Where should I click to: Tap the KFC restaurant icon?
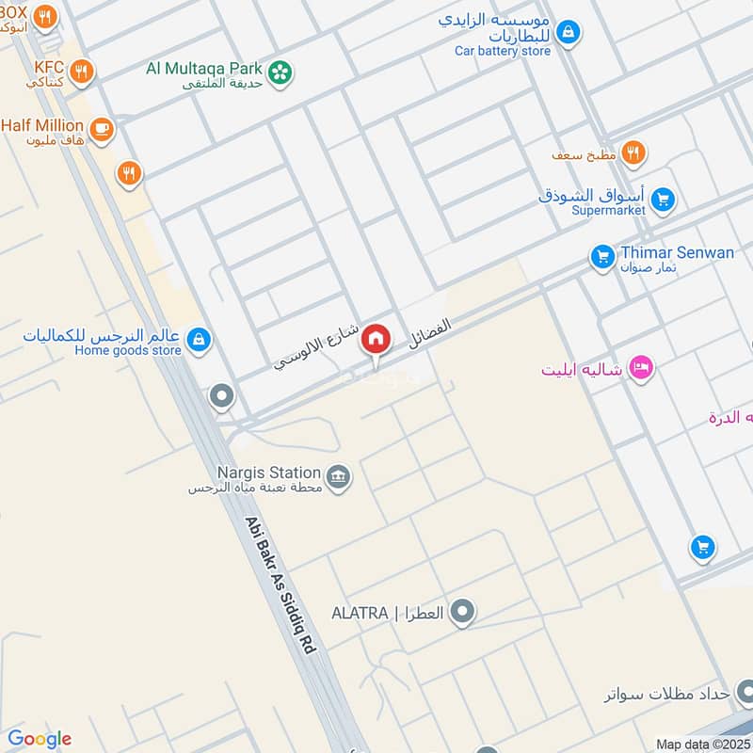[83, 70]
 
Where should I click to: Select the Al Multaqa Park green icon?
[280, 71]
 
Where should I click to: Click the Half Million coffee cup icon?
[102, 128]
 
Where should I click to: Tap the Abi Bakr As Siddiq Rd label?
[282, 584]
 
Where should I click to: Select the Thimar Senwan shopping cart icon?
[602, 255]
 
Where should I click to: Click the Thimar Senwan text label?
[677, 252]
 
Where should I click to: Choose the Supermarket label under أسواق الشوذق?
[608, 211]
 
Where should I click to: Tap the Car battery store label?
[503, 51]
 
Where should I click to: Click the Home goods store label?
[128, 351]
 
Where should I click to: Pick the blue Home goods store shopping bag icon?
[199, 340]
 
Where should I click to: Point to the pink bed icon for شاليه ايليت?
[641, 368]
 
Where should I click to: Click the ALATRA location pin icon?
[461, 614]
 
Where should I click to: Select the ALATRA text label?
[360, 614]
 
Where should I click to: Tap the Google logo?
[39, 739]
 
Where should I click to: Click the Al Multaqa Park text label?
[204, 68]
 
